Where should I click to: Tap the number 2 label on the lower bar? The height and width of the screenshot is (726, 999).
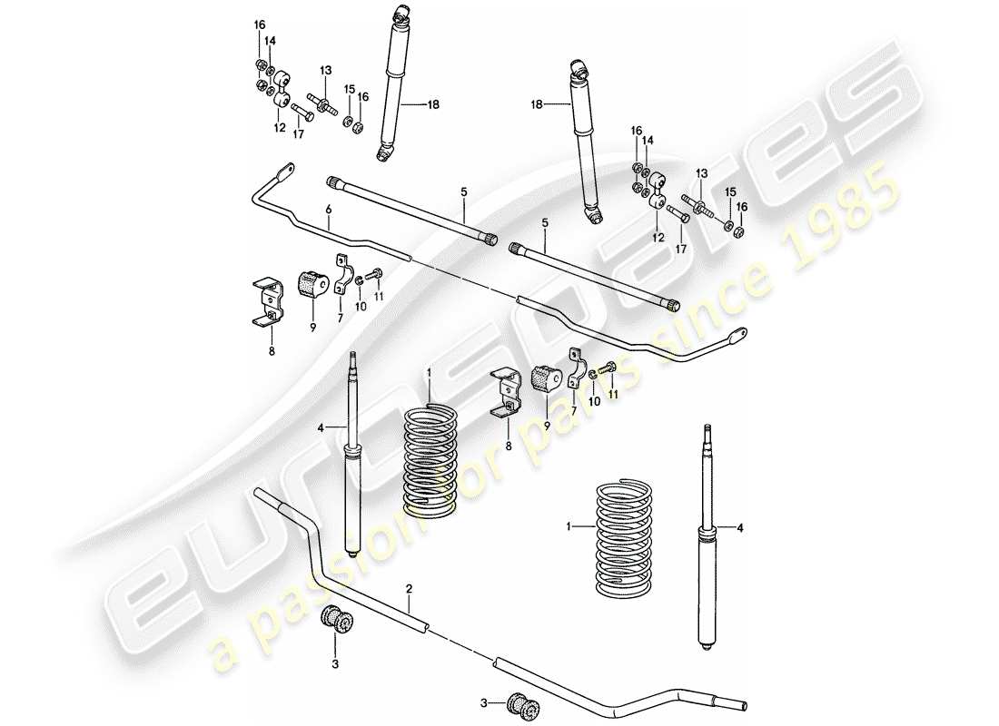point(410,589)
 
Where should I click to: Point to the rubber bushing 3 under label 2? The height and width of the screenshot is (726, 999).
point(337,622)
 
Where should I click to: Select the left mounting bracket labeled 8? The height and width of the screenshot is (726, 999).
point(269,299)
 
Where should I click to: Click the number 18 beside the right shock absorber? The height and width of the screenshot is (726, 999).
point(537,105)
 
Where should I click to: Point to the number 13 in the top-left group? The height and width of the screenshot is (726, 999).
point(326,70)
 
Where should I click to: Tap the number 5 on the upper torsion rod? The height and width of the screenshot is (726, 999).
point(464,191)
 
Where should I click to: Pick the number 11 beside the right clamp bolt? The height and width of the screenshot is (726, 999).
point(611,396)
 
